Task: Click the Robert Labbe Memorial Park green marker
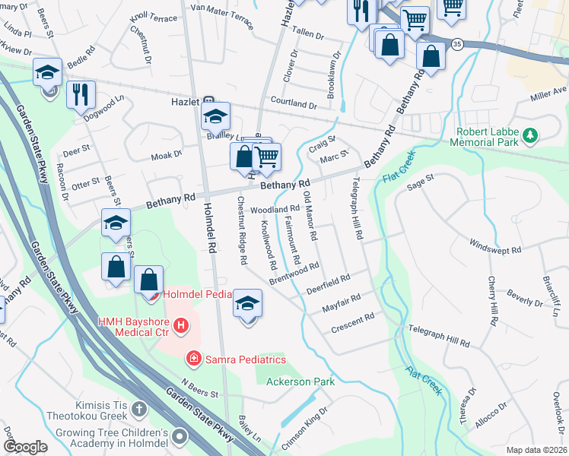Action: [530, 137]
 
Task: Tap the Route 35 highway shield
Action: [456, 45]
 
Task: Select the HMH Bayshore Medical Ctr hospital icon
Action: [181, 327]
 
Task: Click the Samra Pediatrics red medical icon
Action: [194, 358]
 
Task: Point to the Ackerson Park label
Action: [300, 381]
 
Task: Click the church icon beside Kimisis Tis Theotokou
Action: [138, 410]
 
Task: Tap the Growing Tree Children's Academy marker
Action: [180, 436]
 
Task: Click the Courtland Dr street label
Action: [293, 104]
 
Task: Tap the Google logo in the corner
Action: [25, 446]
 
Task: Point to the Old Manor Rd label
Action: [310, 216]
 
